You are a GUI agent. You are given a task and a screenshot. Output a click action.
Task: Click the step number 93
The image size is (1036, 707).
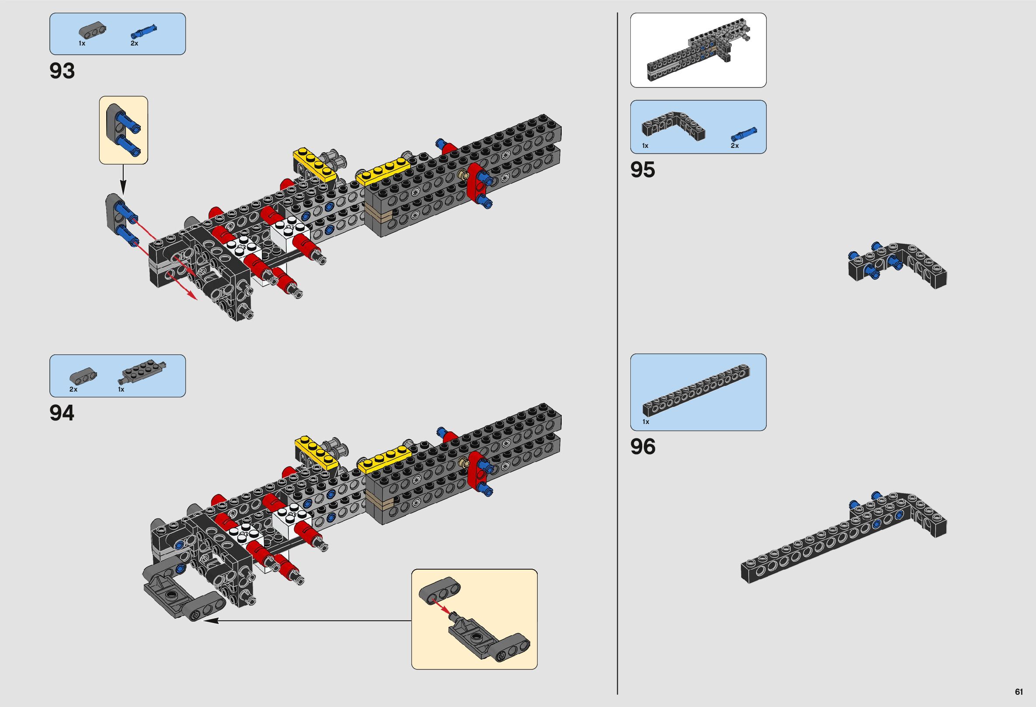click(63, 71)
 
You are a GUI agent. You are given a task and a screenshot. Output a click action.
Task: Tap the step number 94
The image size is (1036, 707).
click(62, 413)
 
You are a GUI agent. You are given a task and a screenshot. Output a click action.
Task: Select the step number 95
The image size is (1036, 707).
click(643, 170)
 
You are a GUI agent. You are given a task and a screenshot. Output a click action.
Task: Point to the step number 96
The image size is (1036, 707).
click(643, 447)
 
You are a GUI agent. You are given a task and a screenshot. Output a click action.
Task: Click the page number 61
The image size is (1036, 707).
click(1019, 692)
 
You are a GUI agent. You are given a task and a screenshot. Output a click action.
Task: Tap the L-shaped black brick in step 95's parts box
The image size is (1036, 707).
click(674, 124)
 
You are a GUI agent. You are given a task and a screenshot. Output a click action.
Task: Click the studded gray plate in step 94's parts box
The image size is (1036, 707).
click(142, 371)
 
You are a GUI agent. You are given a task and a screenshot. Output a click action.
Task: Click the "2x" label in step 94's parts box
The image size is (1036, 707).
click(73, 389)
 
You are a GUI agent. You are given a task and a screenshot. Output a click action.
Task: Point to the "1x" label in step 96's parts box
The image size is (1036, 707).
click(646, 421)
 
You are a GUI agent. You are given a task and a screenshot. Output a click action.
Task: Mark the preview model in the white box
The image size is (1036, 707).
click(698, 50)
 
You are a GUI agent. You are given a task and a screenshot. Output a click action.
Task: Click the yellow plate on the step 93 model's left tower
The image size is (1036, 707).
click(314, 164)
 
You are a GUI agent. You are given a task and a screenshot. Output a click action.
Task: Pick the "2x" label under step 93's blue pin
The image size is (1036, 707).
click(134, 43)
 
